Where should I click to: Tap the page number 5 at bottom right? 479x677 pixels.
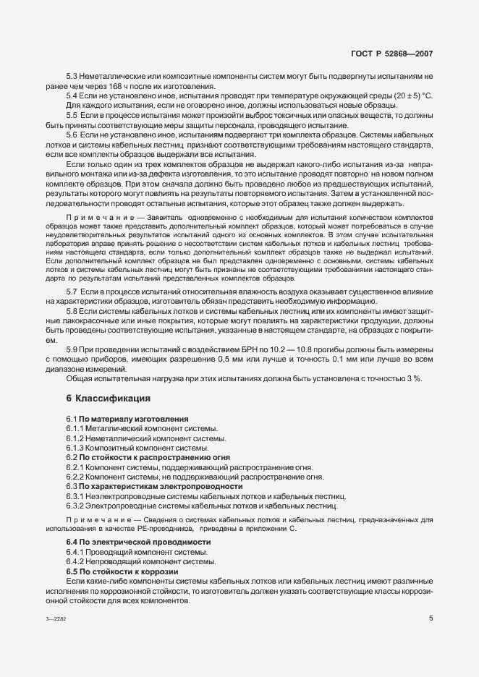(x=431, y=618)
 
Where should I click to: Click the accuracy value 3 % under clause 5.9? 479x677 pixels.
(x=415, y=378)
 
